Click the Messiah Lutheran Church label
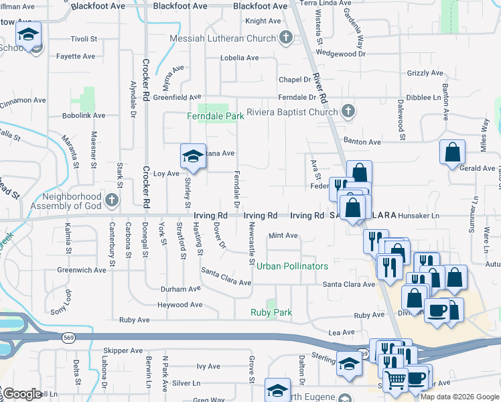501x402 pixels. (223, 38)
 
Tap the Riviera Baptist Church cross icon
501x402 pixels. (348, 111)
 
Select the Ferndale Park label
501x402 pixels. (215, 116)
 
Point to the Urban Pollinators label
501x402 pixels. (293, 266)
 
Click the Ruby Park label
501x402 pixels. (271, 312)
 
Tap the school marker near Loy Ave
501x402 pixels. (192, 156)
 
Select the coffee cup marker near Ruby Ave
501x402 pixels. (438, 310)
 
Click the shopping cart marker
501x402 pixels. (395, 379)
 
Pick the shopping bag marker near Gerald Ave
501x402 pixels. (453, 151)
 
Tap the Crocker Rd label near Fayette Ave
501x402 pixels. (145, 80)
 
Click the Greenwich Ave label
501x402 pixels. (82, 270)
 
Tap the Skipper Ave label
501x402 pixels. (123, 350)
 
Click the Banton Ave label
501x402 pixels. (362, 142)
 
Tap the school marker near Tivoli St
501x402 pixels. (29, 33)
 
